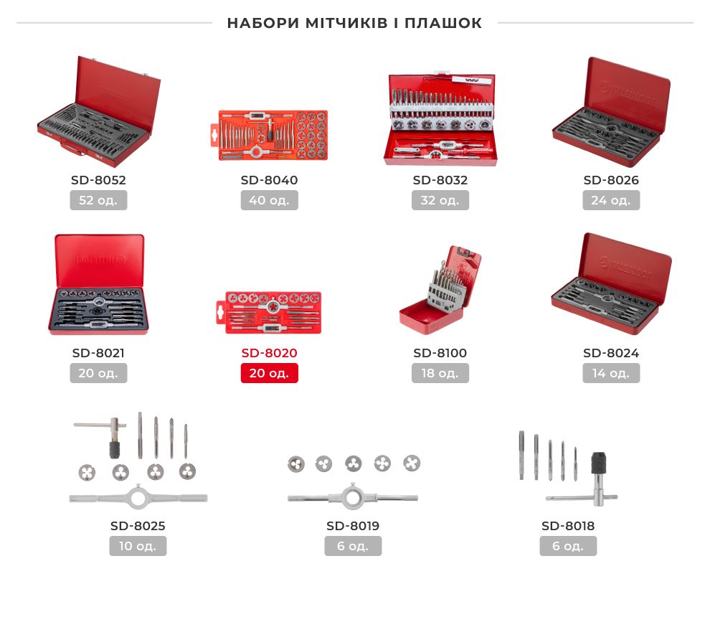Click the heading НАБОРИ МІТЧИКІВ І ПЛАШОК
(x=354, y=23)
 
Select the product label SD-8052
(x=98, y=180)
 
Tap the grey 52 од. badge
(x=98, y=200)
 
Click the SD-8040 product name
(x=269, y=180)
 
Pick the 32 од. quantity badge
(x=440, y=200)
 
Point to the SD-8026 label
(x=611, y=180)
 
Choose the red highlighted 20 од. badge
(x=269, y=373)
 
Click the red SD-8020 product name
(x=269, y=353)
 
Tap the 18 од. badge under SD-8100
(x=440, y=373)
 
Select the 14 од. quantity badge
(x=611, y=373)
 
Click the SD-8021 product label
(x=98, y=353)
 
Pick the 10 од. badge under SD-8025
(x=138, y=546)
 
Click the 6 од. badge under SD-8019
(x=353, y=546)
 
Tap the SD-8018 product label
(x=568, y=526)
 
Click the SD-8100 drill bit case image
(x=440, y=290)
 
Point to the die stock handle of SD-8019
(x=352, y=497)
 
